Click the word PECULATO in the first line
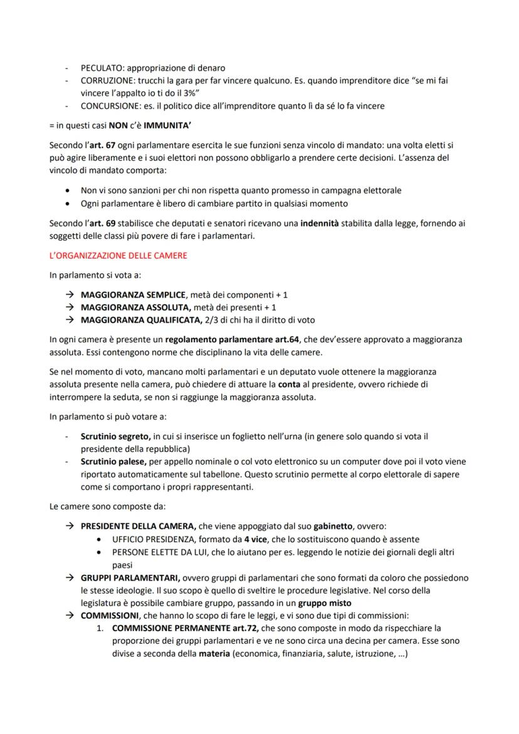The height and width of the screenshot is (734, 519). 103,68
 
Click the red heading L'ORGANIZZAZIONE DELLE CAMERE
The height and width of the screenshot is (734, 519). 118,256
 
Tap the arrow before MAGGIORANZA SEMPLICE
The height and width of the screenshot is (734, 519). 70,295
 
